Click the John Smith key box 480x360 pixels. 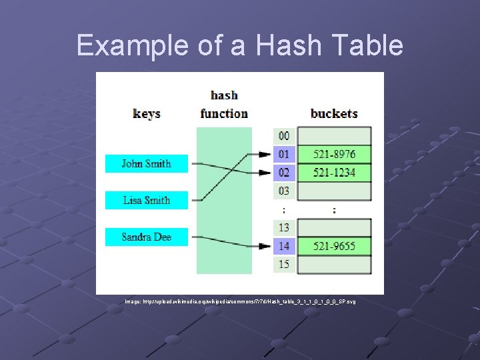[147, 163]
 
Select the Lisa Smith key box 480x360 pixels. [147, 200]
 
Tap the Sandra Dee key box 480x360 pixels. [147, 237]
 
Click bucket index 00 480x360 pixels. [284, 136]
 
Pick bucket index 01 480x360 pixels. [284, 155]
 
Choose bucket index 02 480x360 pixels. [284, 173]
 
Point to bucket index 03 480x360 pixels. [284, 191]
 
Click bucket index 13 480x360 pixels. [284, 228]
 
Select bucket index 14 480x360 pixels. [284, 246]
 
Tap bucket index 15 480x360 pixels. [284, 265]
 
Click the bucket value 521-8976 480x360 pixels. [335, 155]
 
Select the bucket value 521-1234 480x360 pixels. [335, 173]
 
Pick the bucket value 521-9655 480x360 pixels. [335, 246]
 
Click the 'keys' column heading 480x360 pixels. [147, 113]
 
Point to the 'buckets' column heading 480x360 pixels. [334, 113]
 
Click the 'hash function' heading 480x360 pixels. [224, 105]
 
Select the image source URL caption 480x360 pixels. [240, 302]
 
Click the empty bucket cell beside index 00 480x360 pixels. [335, 136]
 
